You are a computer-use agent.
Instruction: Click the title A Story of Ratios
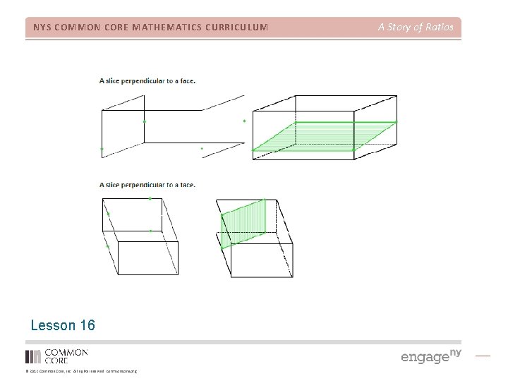coord(416,28)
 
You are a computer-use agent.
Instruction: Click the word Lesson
coord(52,325)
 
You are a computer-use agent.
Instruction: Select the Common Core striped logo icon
coord(33,356)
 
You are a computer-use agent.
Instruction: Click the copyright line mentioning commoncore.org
coord(81,371)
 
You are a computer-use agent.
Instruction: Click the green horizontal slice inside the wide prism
coord(325,135)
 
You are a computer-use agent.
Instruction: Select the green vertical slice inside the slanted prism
coord(244,223)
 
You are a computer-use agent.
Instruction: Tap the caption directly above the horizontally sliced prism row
coord(147,80)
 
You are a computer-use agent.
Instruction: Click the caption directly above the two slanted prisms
coord(147,185)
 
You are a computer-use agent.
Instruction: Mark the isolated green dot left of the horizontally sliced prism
coord(244,121)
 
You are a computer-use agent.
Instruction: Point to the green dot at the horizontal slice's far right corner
coord(396,122)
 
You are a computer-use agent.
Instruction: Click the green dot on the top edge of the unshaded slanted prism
coord(150,199)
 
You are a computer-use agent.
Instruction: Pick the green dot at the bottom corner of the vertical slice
coord(222,248)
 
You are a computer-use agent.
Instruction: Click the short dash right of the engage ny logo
coord(483,356)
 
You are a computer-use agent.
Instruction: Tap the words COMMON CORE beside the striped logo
coord(66,356)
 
